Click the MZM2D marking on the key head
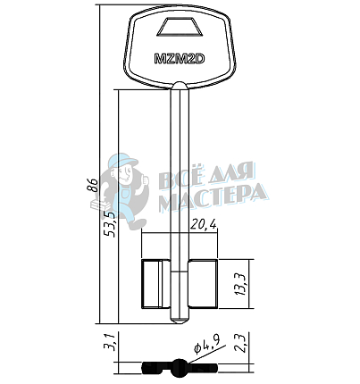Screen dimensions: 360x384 pyautogui.click(x=180, y=59)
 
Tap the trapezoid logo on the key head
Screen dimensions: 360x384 pyautogui.click(x=180, y=28)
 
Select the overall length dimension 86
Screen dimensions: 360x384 pyautogui.click(x=92, y=186)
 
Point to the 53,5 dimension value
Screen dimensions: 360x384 pyautogui.click(x=110, y=223)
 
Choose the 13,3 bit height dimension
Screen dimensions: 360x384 pyautogui.click(x=240, y=284)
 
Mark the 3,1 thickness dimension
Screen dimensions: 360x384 pyautogui.click(x=109, y=343)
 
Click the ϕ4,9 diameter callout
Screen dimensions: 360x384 pyautogui.click(x=207, y=346)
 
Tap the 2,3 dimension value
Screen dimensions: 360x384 pyautogui.click(x=239, y=343)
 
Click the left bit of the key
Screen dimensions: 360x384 pyautogui.click(x=155, y=284)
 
